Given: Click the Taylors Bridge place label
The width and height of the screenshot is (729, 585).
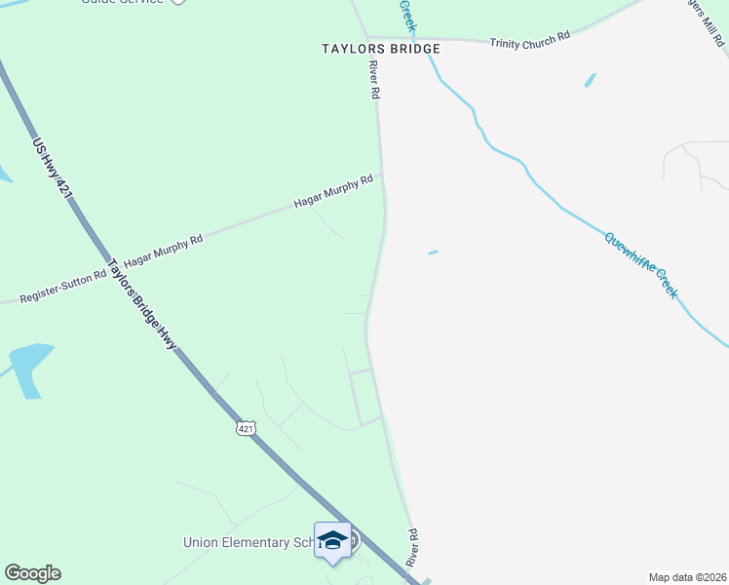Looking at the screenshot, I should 381,49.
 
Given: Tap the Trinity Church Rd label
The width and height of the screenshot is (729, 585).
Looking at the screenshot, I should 529,40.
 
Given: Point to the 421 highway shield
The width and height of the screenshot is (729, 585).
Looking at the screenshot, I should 247,428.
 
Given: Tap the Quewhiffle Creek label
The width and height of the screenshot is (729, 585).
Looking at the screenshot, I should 639,264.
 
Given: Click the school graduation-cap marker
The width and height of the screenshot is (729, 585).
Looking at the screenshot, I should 332,541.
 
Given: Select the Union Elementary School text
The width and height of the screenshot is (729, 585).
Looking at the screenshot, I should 249,542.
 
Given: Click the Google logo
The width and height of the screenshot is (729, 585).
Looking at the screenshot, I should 32,573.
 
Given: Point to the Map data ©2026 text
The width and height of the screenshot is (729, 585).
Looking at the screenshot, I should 687,577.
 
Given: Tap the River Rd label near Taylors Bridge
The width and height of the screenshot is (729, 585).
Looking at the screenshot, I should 372,80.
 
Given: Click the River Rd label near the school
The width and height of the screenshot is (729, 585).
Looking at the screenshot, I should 412,548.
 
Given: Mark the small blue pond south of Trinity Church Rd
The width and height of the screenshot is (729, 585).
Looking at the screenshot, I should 590,80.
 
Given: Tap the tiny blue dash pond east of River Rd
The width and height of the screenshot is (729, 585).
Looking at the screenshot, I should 433,253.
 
